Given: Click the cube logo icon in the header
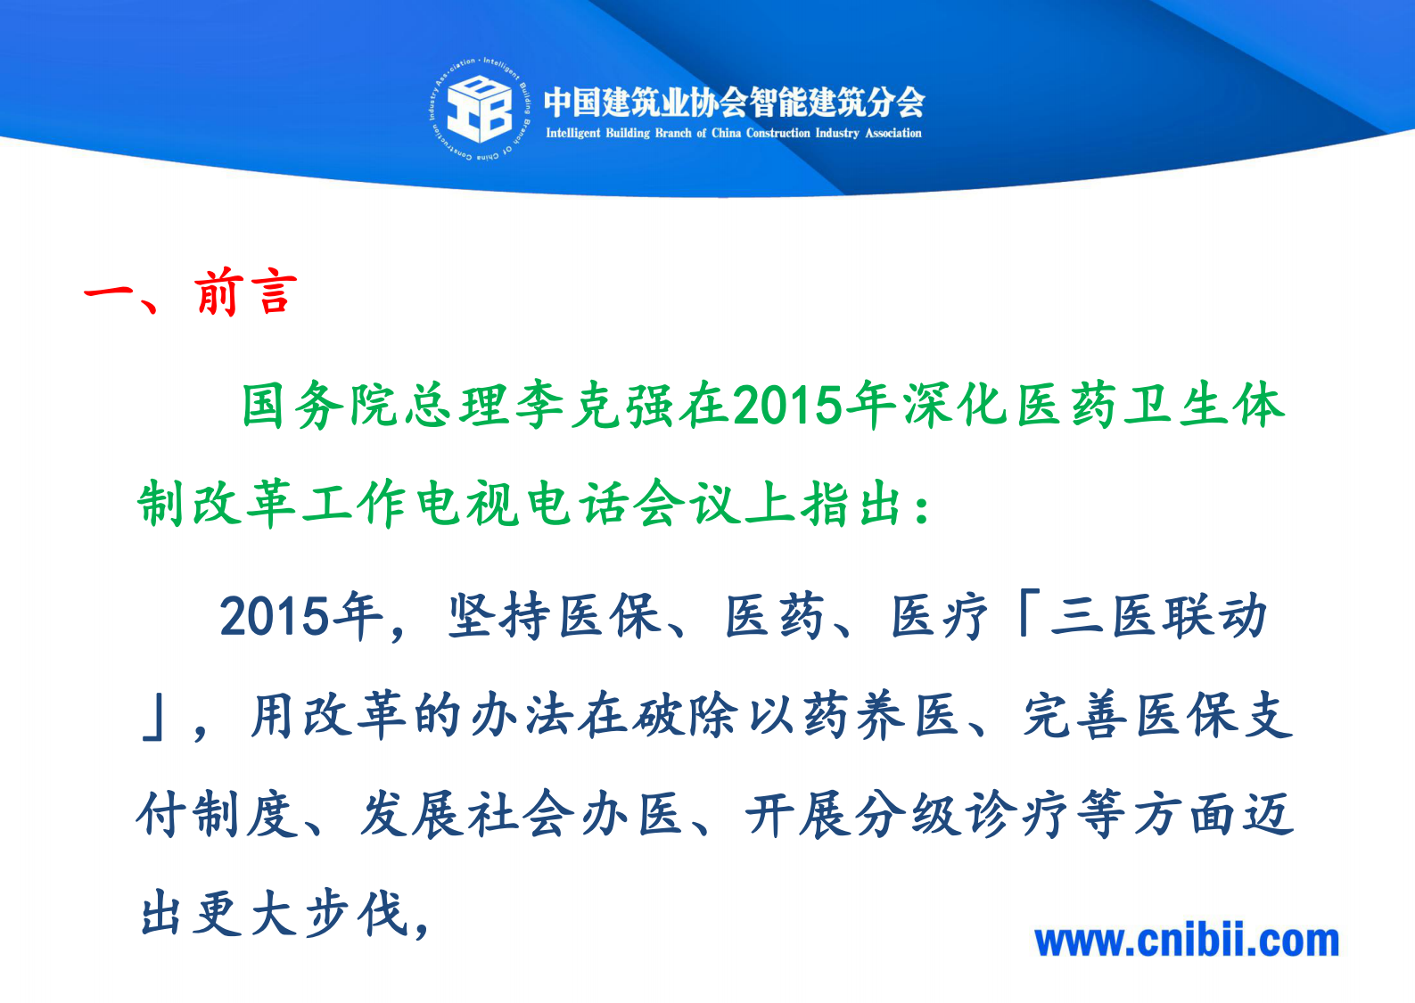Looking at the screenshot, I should click(479, 109).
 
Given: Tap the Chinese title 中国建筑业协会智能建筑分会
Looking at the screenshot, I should click(734, 102).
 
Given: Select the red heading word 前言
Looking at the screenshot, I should click(246, 292).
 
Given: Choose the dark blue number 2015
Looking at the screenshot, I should click(276, 616).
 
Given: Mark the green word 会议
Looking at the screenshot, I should click(687, 504).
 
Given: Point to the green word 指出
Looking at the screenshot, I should click(853, 504).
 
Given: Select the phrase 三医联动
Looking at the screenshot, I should click(1158, 616).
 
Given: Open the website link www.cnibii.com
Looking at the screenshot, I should click(1187, 941).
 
